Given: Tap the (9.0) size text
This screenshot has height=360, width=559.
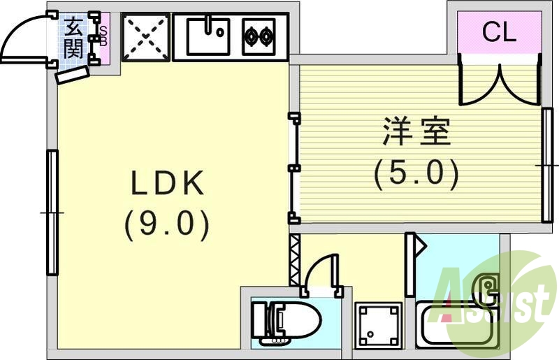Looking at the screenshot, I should click(167, 226).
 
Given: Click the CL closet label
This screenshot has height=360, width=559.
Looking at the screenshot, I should click(500, 32).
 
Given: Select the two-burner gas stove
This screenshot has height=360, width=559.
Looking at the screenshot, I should click(259, 36).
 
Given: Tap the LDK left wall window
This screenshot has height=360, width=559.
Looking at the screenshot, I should click(52, 212).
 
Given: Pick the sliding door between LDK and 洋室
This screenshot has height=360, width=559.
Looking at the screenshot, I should click(294, 168).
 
